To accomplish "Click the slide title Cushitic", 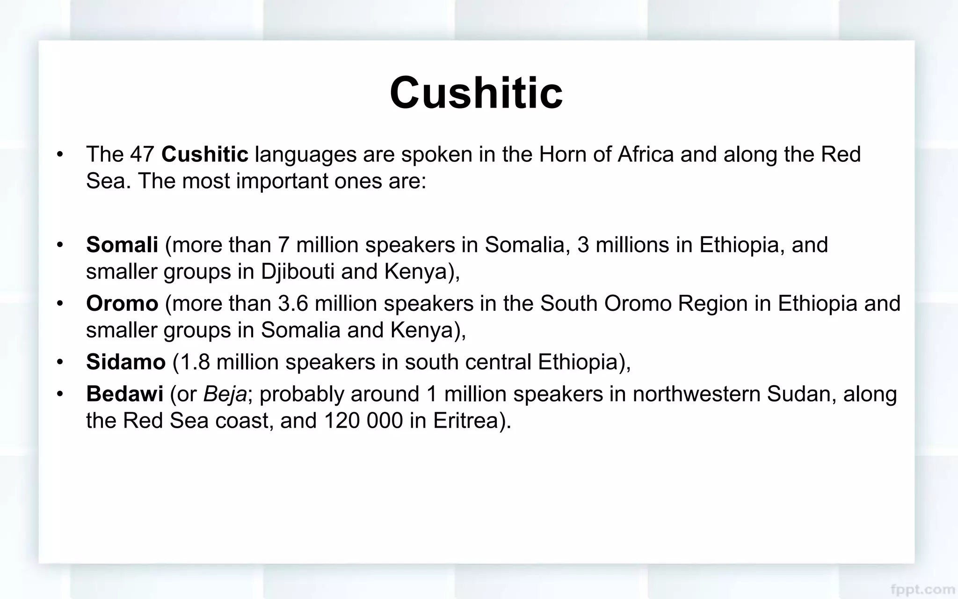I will coord(476,93).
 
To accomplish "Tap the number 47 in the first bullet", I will coord(142,154).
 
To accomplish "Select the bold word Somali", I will coord(122,245).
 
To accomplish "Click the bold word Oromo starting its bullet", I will coord(122,304).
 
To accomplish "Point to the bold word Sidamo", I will coord(126,362).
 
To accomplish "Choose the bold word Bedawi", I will coord(124,394).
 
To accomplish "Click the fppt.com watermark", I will coord(922,589).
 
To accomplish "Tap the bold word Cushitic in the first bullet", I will coord(204,154).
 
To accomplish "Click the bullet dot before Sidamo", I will coord(59,362).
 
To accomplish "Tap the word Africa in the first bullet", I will coord(646,154).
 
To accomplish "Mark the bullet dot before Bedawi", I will coord(59,394).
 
